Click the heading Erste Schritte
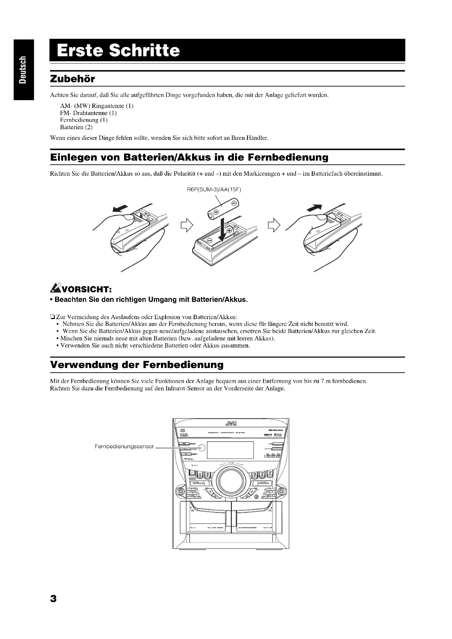(x=118, y=51)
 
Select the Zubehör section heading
(x=72, y=79)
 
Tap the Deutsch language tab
(x=23, y=70)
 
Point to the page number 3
(x=53, y=599)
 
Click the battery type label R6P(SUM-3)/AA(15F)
(x=214, y=190)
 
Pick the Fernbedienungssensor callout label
(x=124, y=446)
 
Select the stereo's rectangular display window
(x=230, y=450)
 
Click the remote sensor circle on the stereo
(x=202, y=447)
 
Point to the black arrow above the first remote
(x=120, y=208)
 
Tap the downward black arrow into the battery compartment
(x=222, y=230)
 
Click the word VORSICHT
(x=86, y=290)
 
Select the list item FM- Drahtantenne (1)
(x=88, y=113)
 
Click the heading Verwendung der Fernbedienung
(x=137, y=365)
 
